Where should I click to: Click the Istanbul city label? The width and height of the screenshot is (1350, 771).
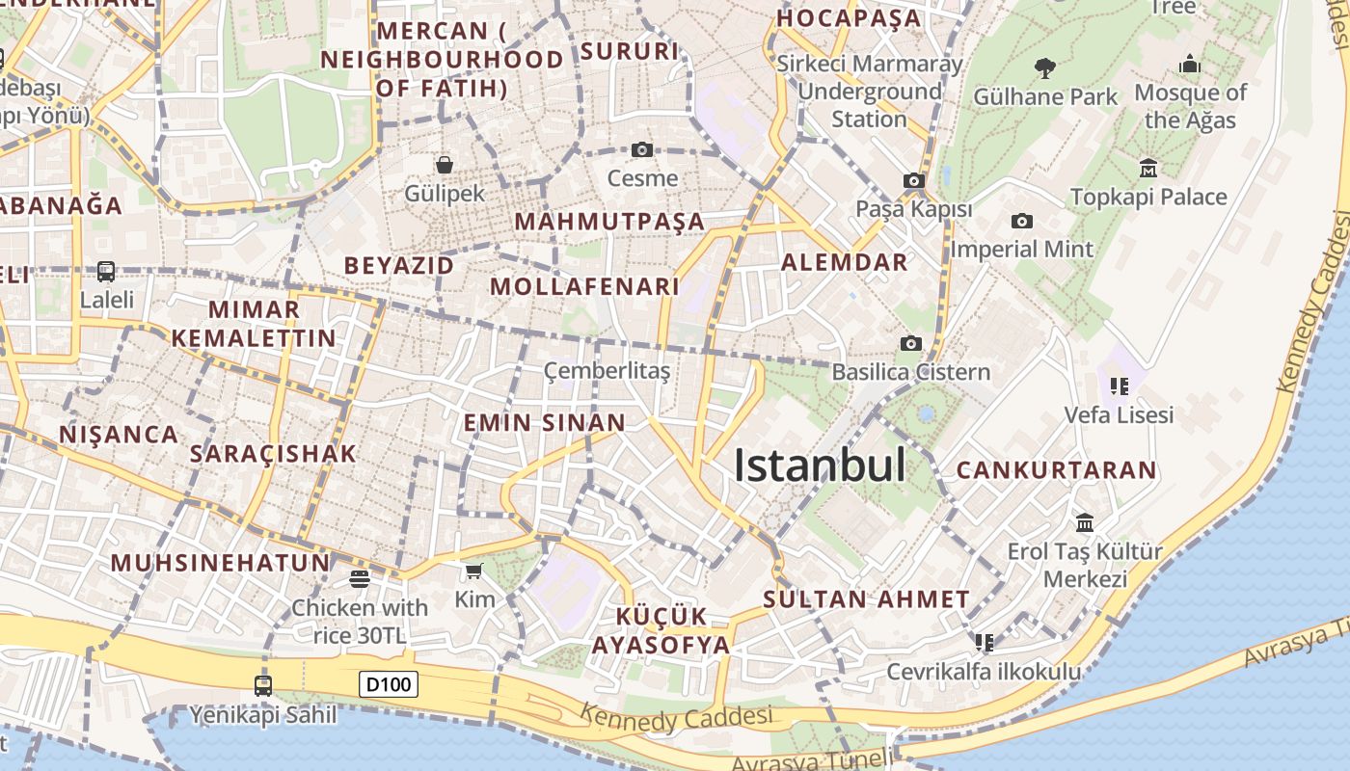tap(820, 465)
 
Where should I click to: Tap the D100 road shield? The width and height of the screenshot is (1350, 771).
tap(390, 685)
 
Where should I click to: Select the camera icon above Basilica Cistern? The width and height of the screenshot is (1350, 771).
tap(910, 343)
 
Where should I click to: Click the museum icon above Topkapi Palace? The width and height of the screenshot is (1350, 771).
tap(1147, 169)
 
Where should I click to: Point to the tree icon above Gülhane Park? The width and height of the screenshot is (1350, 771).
tap(1044, 67)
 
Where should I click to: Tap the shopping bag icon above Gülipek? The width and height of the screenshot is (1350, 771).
tap(445, 165)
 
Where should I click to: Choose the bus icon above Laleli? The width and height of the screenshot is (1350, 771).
tap(106, 272)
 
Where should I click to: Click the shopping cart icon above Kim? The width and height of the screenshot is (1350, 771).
tap(473, 572)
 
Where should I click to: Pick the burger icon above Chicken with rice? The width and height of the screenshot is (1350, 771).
tap(360, 578)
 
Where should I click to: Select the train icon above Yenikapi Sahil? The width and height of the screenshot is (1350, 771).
tap(262, 686)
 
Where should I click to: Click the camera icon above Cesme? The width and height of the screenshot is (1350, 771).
tap(642, 149)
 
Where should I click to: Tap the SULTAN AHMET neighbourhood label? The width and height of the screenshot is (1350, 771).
tap(866, 598)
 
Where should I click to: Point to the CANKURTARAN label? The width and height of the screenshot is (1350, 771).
tap(1056, 470)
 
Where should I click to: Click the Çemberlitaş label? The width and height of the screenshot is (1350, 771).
tap(607, 370)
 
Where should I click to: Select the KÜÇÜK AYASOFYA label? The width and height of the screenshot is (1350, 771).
tap(661, 630)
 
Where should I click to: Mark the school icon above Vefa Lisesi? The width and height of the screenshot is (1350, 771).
tap(1119, 386)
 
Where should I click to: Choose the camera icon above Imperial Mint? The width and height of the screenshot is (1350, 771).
tap(1021, 222)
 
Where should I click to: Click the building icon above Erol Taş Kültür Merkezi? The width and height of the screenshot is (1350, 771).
tap(1085, 522)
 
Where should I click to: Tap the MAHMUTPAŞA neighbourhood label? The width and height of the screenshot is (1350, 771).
tap(609, 222)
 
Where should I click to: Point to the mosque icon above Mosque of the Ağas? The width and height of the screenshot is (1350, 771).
tap(1190, 66)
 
